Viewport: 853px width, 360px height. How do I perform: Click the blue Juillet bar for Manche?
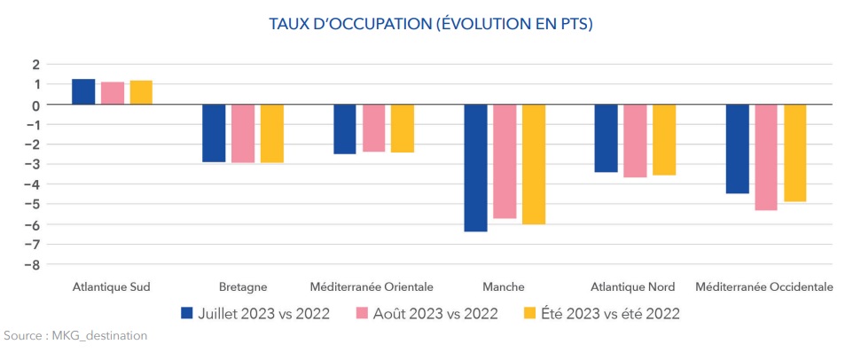[475, 168]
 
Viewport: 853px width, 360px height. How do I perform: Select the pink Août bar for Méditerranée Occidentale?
[765, 157]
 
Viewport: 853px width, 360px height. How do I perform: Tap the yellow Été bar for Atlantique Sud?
[141, 92]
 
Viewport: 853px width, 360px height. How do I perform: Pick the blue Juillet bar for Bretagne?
[214, 133]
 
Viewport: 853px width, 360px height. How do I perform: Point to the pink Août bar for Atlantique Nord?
[635, 141]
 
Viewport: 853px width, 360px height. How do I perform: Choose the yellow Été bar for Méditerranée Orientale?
[403, 129]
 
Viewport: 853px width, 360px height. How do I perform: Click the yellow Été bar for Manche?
[534, 164]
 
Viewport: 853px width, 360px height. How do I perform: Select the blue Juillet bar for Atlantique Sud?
[83, 92]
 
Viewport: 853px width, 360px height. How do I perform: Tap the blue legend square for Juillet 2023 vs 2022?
[187, 313]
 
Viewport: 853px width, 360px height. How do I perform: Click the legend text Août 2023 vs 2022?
[435, 314]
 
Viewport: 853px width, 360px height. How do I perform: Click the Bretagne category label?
[243, 286]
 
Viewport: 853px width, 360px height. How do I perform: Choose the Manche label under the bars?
[505, 286]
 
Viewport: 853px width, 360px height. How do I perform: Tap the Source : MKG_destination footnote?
[75, 336]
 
